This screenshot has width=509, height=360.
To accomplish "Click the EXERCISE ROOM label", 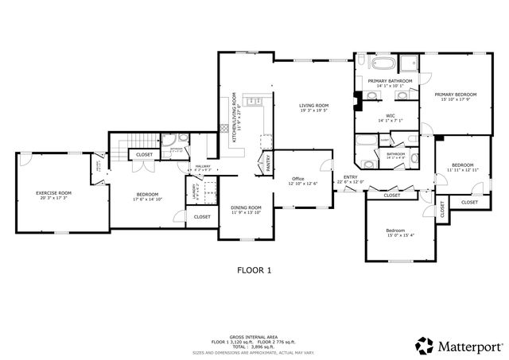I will (54, 193).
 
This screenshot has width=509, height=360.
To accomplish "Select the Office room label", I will (298, 178).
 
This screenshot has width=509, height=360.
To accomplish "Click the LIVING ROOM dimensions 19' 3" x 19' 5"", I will (314, 111).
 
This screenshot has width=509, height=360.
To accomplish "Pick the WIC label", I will (390, 116).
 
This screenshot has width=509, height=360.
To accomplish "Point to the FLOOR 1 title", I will (254, 270).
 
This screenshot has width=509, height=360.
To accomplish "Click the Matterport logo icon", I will (424, 346).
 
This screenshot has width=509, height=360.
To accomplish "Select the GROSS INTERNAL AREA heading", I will (254, 337).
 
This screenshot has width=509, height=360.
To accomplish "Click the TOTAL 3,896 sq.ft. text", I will (254, 346).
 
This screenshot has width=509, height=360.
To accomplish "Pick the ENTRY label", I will (350, 176).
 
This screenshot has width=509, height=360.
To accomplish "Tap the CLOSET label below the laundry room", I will (202, 216).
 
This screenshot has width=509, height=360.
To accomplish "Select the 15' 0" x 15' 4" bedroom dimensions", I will (401, 234).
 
